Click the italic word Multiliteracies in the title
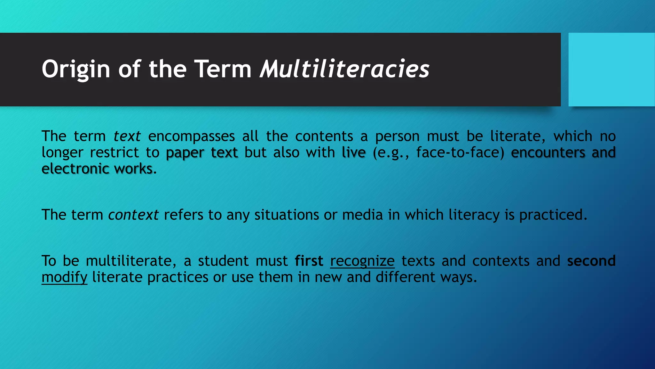pos(344,69)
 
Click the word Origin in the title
pos(76,70)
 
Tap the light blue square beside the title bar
pos(611,70)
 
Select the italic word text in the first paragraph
pos(127,136)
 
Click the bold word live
pos(353,152)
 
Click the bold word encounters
pos(548,152)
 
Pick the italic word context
pos(133,215)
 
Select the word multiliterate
pos(131,261)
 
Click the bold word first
pos(309,261)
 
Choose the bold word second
pos(591,261)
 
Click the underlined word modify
pos(64,277)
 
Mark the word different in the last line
pos(405,277)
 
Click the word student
pos(223,261)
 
